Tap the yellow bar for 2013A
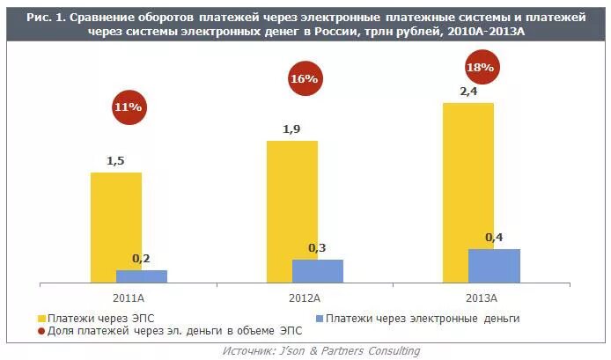467,192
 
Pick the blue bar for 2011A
142,276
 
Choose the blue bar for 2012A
318,271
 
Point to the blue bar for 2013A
494,266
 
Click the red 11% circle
128,107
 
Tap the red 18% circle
482,68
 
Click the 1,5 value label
116,161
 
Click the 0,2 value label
141,258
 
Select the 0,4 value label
494,238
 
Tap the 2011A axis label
129,298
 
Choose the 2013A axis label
481,298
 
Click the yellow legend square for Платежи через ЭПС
41,318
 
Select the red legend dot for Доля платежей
41,331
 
